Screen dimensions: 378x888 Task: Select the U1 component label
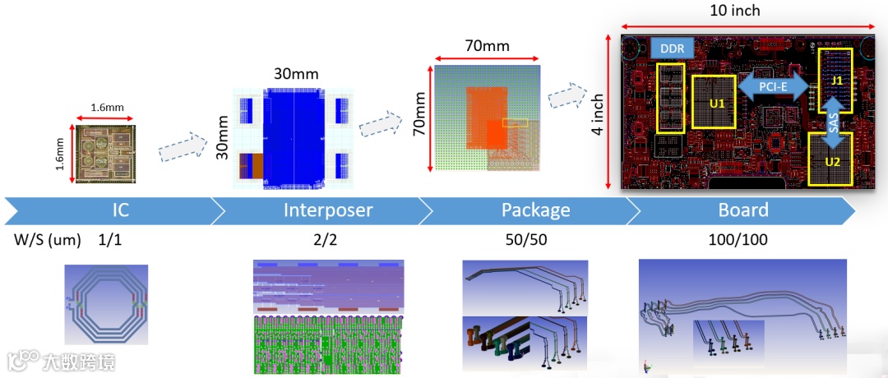[717, 104]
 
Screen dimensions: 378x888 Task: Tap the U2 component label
[832, 161]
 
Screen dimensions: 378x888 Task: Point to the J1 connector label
[837, 81]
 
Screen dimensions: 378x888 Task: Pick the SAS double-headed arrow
[832, 122]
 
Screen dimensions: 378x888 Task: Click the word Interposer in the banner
[328, 210]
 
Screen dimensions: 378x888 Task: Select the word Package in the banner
[535, 210]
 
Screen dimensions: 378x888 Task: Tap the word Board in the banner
[743, 210]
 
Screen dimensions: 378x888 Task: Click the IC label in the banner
[121, 210]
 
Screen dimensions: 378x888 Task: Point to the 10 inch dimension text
[733, 11]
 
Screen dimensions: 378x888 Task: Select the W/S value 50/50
[525, 242]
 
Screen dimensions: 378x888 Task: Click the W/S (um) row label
[47, 242]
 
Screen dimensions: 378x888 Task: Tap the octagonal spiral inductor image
[106, 305]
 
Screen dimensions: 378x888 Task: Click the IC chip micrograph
[107, 154]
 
